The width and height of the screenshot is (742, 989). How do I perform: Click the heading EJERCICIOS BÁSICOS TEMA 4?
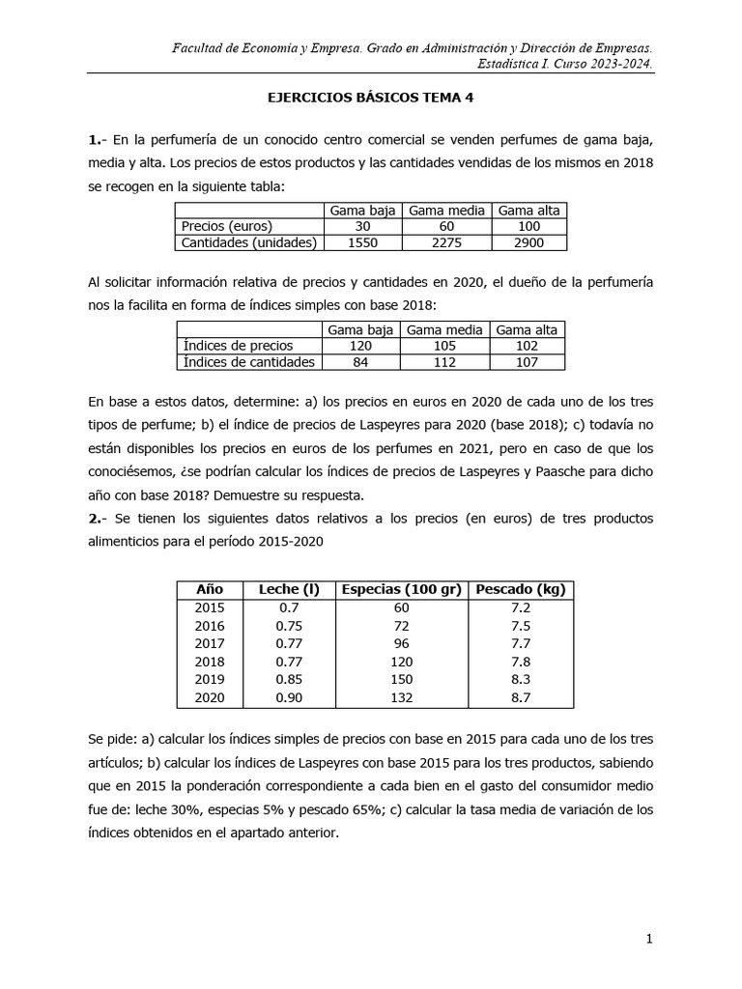click(x=370, y=98)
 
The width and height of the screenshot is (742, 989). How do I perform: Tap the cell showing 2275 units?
click(x=445, y=242)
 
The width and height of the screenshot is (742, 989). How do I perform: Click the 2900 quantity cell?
click(x=528, y=242)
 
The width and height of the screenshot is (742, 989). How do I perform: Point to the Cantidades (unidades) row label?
click(x=248, y=242)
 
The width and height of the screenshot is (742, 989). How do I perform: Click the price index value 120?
click(x=360, y=346)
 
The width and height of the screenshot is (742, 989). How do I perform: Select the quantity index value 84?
click(x=360, y=362)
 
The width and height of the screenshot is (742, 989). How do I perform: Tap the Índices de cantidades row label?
click(x=248, y=362)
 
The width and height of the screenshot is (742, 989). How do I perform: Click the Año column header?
click(x=210, y=589)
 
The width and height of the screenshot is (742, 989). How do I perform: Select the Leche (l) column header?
click(x=289, y=589)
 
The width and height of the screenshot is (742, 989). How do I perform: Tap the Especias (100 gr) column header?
click(x=401, y=589)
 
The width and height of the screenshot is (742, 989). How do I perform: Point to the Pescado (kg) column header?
click(x=520, y=589)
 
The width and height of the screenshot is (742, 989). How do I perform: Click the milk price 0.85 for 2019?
click(x=289, y=679)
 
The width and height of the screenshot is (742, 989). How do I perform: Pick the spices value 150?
click(x=401, y=679)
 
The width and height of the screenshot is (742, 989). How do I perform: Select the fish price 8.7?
click(x=520, y=697)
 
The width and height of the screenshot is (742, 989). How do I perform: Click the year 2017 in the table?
click(x=210, y=643)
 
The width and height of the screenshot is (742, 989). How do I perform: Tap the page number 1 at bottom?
click(x=650, y=939)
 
